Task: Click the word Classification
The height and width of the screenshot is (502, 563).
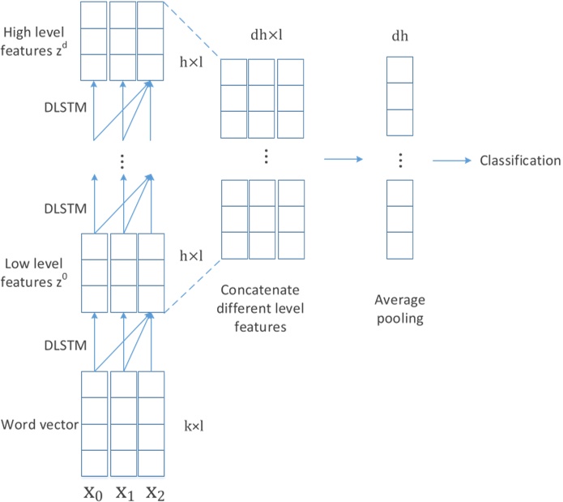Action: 520,161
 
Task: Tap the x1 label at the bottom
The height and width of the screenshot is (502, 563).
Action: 123,491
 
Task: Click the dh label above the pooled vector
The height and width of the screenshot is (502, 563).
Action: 399,37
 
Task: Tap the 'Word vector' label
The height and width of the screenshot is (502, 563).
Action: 39,424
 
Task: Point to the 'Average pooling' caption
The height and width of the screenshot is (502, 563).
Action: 399,309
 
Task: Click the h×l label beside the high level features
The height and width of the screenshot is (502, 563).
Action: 191,60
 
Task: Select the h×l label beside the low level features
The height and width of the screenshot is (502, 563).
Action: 191,255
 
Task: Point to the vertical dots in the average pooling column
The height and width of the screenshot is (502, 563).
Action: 399,159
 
